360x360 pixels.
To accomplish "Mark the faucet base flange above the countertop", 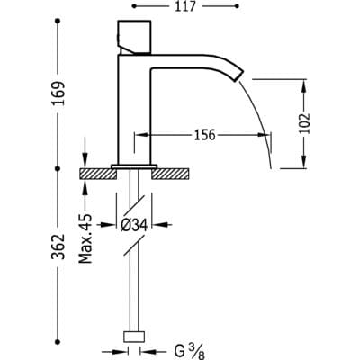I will click(x=135, y=165).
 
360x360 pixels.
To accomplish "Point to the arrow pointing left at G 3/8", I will click(x=159, y=340).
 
